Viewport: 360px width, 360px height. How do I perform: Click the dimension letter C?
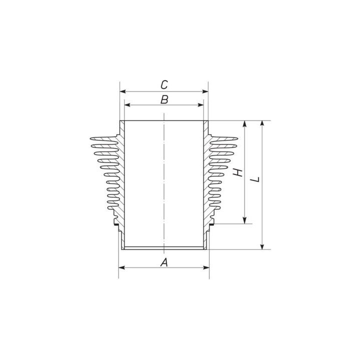coord(164,84)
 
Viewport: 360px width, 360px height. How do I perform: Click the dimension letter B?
coord(164,99)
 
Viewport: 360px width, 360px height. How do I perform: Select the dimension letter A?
coord(163,262)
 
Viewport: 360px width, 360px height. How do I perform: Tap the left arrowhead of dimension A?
coord(121,267)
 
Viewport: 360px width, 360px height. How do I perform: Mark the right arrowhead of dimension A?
coord(206,267)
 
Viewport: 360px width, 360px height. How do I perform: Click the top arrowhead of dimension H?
coord(244,124)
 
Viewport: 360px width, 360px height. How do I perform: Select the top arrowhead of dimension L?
coord(261,124)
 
